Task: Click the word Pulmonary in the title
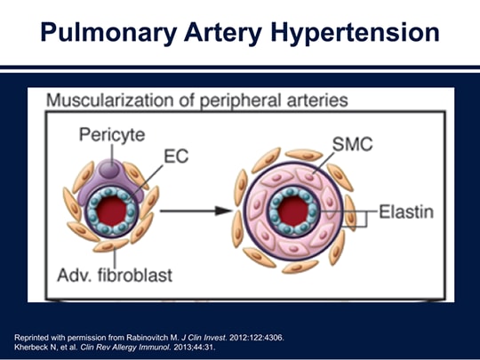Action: [108, 33]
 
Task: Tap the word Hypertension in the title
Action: [356, 33]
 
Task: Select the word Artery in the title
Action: [223, 33]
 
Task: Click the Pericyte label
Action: [112, 135]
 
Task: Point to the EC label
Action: [176, 156]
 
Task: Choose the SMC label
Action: [352, 144]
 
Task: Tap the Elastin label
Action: [406, 212]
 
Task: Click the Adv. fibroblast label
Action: [115, 275]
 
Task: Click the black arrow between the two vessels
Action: [196, 211]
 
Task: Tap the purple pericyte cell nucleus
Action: [109, 169]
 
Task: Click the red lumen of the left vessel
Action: [111, 211]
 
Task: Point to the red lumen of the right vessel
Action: [293, 212]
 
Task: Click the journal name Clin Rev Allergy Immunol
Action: [125, 348]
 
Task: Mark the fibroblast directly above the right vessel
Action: [304, 155]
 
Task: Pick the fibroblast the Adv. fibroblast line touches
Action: [111, 245]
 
